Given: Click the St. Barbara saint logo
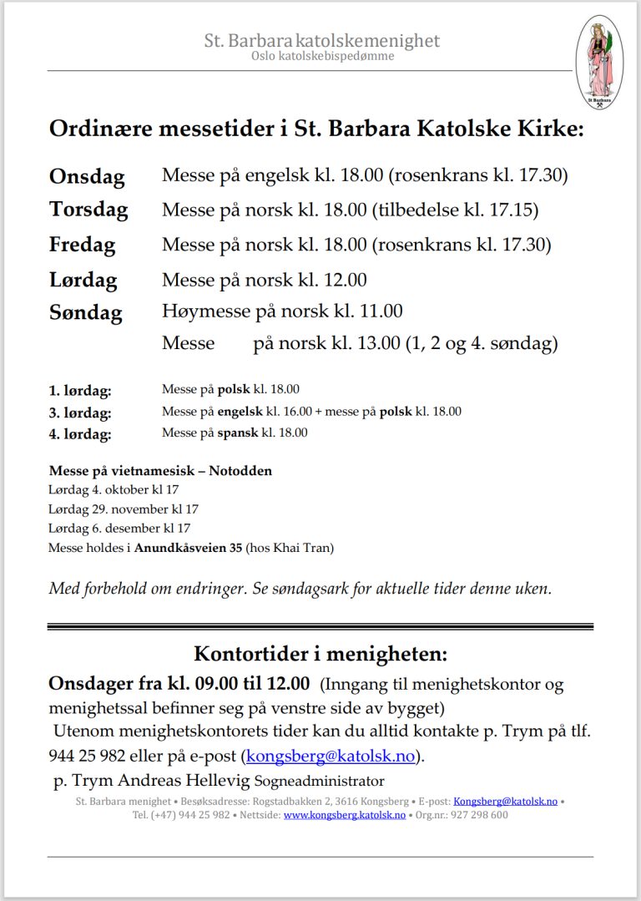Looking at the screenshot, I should click(x=599, y=63).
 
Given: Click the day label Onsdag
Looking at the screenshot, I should click(x=87, y=177).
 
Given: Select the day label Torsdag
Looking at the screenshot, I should click(x=88, y=210).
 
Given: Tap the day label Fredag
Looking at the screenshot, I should click(x=82, y=245).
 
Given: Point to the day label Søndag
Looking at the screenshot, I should click(x=85, y=313).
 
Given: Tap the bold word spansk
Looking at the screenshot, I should click(x=238, y=433).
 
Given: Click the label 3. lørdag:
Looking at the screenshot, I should click(x=80, y=412).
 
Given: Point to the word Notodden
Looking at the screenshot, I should click(x=240, y=471).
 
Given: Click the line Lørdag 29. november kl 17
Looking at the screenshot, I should click(x=124, y=509).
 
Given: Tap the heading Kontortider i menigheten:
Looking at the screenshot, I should click(x=320, y=653).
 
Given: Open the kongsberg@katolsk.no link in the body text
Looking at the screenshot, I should click(x=332, y=757).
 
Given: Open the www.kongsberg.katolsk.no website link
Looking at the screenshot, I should click(x=344, y=815).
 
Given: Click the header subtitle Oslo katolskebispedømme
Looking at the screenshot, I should click(x=322, y=56).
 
